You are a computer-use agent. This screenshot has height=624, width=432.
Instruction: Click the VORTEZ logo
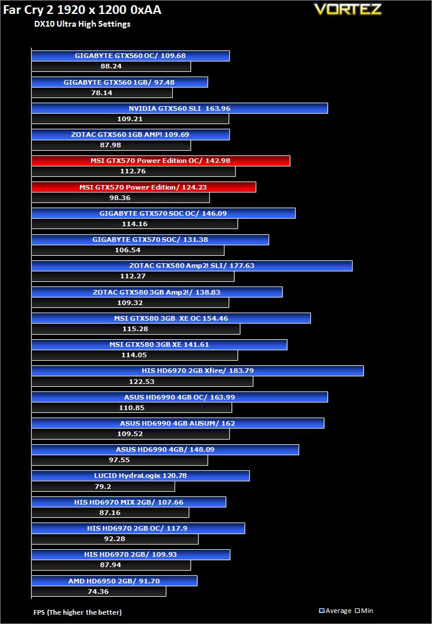(355, 9)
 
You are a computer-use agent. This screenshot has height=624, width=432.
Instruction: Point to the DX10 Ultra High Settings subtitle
(82, 24)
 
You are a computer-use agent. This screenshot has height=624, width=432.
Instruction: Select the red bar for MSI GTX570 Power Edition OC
(161, 161)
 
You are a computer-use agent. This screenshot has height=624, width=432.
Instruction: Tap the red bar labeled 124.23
(143, 187)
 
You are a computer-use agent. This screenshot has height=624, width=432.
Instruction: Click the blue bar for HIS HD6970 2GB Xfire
(197, 371)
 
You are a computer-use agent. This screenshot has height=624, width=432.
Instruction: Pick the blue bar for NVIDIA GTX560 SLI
(179, 108)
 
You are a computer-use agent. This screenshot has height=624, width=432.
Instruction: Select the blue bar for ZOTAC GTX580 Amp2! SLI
(191, 266)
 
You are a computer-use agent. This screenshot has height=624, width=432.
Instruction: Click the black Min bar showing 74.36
(99, 592)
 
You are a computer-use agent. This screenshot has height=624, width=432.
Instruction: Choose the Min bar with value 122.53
(142, 382)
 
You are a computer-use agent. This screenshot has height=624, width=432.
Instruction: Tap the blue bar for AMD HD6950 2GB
(114, 581)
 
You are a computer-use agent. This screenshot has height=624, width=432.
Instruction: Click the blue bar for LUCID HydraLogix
(140, 476)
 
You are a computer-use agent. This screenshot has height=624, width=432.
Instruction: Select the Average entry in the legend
(336, 611)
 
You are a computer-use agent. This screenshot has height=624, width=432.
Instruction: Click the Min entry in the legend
(364, 611)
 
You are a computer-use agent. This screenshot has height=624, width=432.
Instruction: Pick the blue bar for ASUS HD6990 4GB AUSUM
(177, 423)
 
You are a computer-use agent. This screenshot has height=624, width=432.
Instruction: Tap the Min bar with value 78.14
(102, 93)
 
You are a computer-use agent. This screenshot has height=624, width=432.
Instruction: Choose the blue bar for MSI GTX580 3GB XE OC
(171, 318)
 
